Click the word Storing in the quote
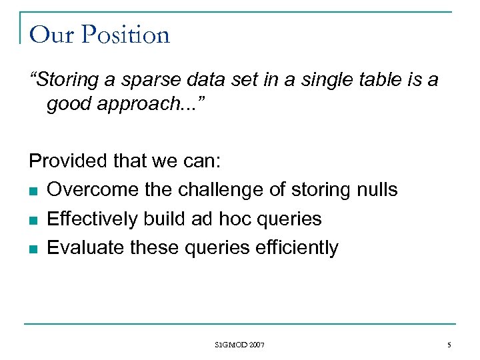[65, 80]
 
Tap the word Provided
[64, 161]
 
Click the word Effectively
[91, 219]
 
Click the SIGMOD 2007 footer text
[239, 345]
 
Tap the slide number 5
[449, 345]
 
